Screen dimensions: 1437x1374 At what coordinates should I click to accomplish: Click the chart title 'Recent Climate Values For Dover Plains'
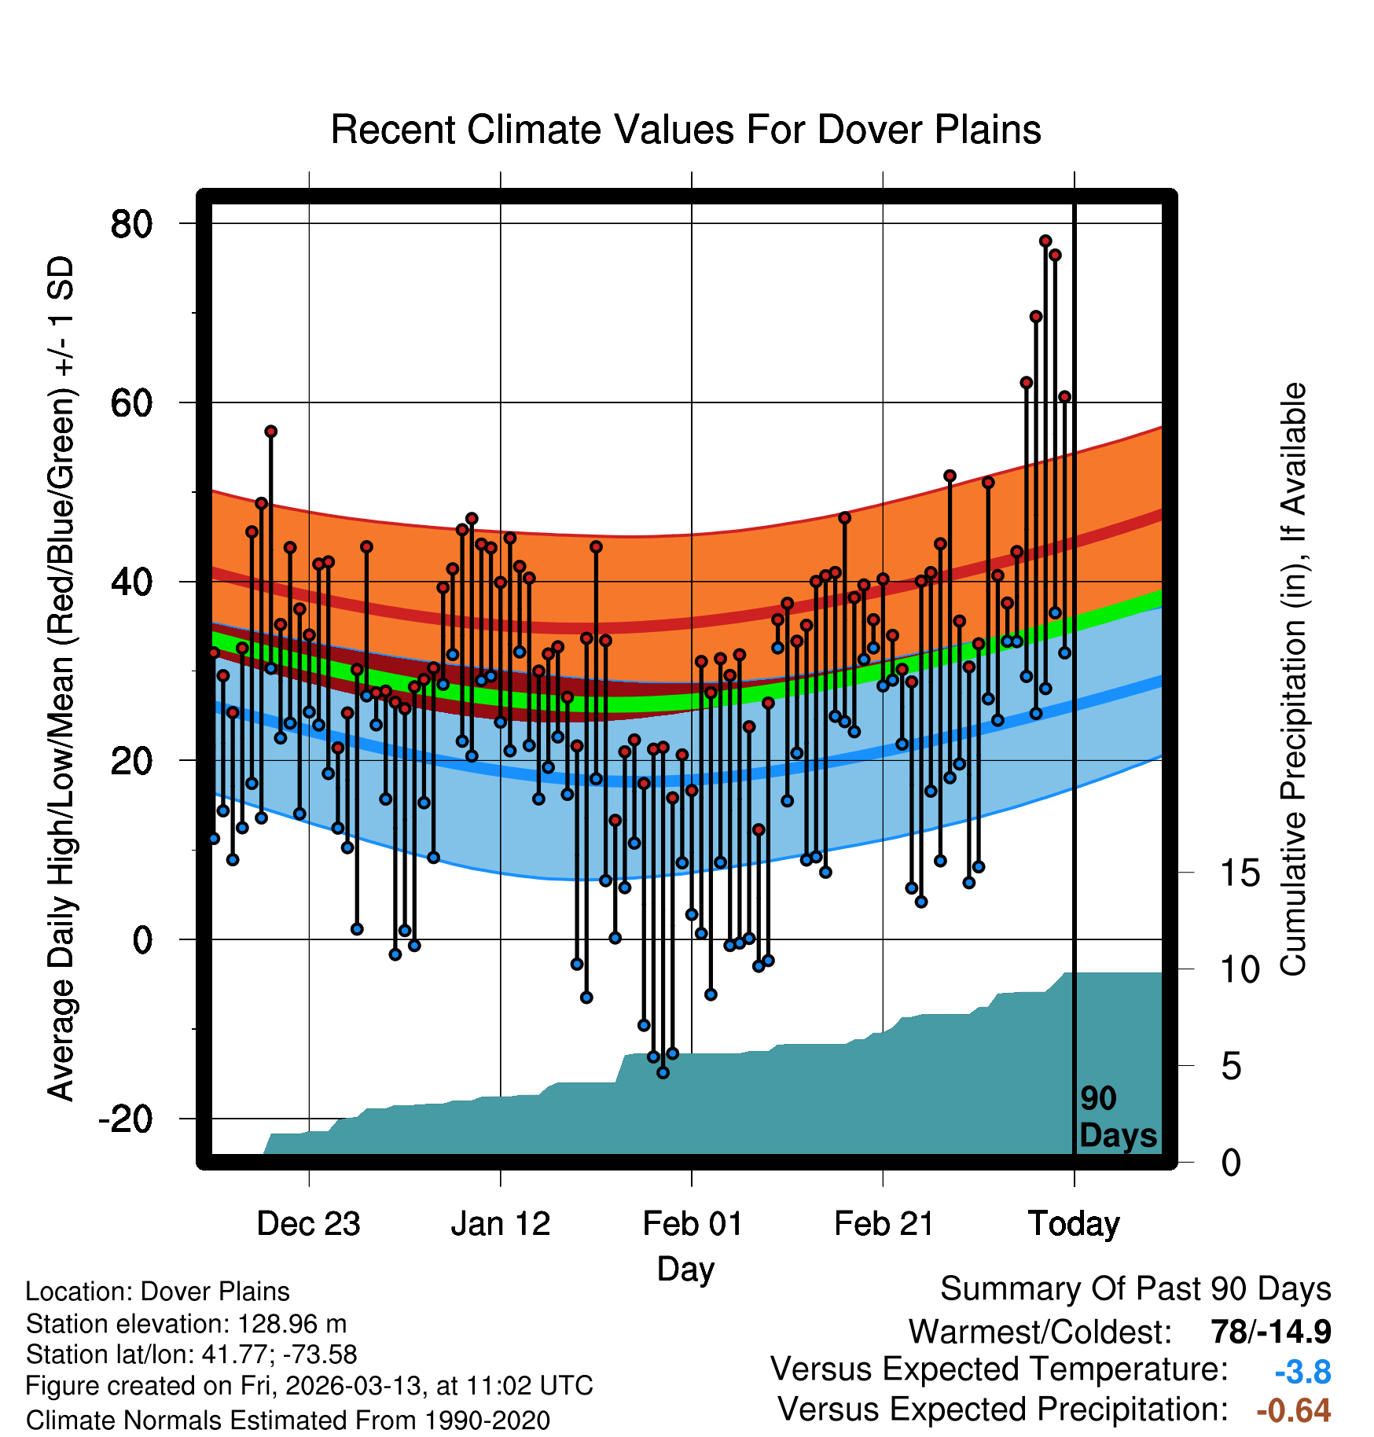pos(685,130)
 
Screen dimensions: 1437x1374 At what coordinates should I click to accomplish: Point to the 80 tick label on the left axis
pos(131,224)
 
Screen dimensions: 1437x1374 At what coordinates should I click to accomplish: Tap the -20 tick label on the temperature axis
pos(125,1119)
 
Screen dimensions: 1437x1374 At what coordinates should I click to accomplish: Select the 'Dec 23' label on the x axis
pos(308,1224)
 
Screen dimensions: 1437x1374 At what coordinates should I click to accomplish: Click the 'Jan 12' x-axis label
pos(500,1224)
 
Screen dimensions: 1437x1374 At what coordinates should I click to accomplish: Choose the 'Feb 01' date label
pos(692,1224)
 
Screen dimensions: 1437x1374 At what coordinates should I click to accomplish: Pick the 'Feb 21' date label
pos(884,1224)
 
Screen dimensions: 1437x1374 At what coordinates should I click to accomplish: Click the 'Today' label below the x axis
pos(1074,1224)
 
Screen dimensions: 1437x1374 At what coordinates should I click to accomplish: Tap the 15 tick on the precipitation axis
pos(1240,873)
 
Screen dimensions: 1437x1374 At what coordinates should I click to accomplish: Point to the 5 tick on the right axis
pos(1231,1067)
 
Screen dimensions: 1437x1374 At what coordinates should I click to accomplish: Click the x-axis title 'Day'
pos(685,1270)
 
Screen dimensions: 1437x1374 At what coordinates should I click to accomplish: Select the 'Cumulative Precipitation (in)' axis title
pos(1293,680)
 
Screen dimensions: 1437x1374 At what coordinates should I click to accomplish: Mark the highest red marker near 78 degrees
pos(1045,241)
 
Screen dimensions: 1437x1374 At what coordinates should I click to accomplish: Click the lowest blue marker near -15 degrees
pos(663,1072)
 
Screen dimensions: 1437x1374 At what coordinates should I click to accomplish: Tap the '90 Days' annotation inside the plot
pos(1117,1117)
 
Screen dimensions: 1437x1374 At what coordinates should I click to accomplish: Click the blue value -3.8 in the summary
pos(1302,1373)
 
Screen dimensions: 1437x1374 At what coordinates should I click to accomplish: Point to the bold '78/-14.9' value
pos(1270,1332)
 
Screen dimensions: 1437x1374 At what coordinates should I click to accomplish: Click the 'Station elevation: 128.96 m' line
pos(186,1324)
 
